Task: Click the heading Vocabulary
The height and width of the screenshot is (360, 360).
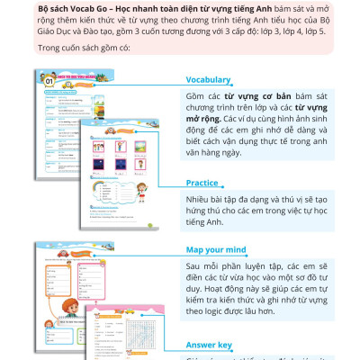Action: coord(209,79)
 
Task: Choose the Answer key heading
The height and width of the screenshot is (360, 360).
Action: coord(209,344)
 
